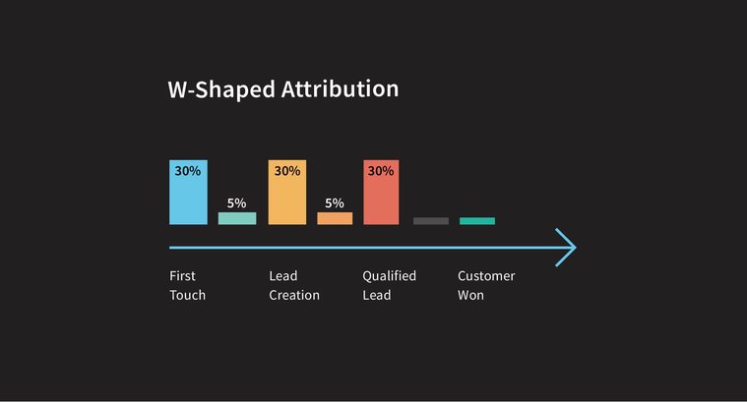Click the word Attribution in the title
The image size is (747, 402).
point(341,89)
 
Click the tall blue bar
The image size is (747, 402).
point(188,193)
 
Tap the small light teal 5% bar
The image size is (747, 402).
point(236,218)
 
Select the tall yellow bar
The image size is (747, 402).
point(286,193)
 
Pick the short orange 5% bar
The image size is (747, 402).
point(335,218)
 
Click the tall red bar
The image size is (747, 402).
point(381,193)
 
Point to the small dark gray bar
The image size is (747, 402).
point(430,221)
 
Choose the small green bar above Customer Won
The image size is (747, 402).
point(477,221)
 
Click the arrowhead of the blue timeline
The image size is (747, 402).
point(565,248)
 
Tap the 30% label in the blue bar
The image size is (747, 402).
point(188,171)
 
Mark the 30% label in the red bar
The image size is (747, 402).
point(381,171)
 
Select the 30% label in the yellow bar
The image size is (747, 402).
point(286,171)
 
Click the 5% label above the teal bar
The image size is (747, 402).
point(236,203)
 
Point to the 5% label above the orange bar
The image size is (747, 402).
point(335,203)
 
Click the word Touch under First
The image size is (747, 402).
point(187,295)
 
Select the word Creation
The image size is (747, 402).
point(294,295)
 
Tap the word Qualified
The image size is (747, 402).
point(389,276)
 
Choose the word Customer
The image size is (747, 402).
point(486,276)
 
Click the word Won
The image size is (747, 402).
point(470,295)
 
